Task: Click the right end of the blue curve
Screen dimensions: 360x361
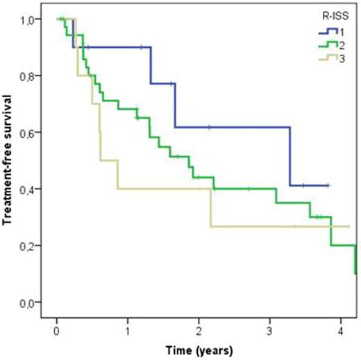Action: pos(328,186)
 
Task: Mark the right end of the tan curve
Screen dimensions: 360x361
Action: pos(349,226)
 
